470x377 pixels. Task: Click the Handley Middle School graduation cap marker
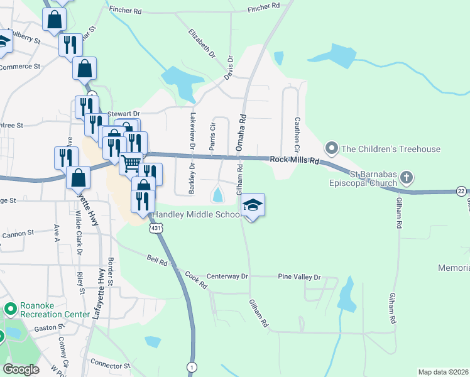253,205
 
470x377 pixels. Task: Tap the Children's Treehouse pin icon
331,149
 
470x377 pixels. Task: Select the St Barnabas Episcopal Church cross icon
406,177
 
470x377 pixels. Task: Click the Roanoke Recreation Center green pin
10,309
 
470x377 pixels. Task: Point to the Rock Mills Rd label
295,161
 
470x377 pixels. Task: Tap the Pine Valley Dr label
299,277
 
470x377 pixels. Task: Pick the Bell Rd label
157,260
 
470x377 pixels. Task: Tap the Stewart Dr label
122,114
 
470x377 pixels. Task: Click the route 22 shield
462,191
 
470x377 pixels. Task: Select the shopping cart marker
131,163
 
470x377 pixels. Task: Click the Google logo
21,369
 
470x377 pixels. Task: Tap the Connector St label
110,364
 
